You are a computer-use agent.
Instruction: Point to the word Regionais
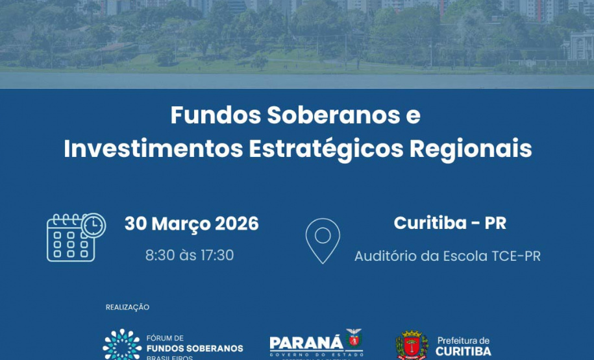471,149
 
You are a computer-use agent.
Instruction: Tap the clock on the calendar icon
94,224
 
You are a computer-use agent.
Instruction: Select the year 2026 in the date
236,224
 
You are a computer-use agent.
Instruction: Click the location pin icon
323,240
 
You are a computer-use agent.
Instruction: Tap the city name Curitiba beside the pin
430,223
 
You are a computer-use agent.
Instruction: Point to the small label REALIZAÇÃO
127,307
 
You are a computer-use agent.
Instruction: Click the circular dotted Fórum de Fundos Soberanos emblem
121,345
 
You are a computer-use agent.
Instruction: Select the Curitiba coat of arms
412,346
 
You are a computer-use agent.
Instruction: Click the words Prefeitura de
464,341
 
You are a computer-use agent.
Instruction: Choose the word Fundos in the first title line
214,115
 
